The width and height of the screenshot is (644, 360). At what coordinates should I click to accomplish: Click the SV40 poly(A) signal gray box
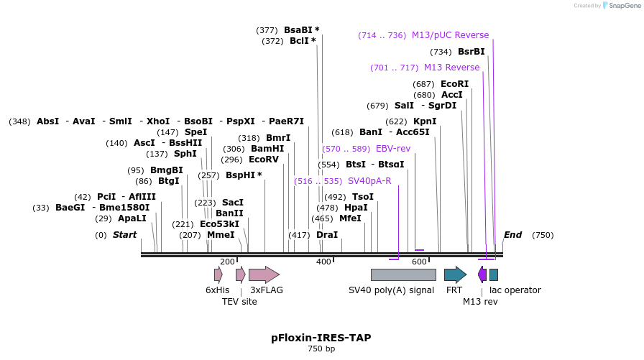402,274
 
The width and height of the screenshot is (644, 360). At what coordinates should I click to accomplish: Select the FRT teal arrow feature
455,274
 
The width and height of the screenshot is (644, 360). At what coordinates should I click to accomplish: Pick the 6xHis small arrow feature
218,274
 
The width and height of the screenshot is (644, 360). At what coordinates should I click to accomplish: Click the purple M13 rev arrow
482,274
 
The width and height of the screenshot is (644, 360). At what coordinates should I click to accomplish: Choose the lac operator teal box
494,274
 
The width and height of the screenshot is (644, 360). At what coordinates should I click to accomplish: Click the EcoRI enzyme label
454,84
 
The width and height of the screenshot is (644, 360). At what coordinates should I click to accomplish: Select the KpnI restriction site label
425,121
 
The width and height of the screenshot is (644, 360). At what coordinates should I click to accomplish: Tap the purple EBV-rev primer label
393,149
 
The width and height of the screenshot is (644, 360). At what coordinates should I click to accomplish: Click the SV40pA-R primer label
369,181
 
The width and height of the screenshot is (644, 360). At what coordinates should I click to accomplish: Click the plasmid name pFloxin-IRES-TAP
321,338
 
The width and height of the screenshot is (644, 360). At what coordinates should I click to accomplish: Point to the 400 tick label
323,262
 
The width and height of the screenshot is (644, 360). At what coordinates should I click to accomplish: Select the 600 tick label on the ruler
419,262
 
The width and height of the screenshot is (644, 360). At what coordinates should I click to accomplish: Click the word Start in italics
124,235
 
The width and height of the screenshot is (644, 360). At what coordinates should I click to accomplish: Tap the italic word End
512,235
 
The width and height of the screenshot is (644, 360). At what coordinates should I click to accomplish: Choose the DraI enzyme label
327,235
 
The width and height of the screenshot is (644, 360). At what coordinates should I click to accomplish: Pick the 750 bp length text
321,349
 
